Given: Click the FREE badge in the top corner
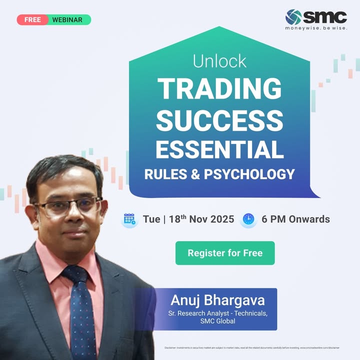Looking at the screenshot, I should tap(32, 20).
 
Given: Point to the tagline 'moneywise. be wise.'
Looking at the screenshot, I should tap(316, 28).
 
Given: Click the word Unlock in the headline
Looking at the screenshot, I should tap(219, 61).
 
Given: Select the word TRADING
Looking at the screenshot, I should tap(219, 88).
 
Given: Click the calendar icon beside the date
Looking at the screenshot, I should tap(130, 219).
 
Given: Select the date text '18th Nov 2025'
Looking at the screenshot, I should tap(201, 219).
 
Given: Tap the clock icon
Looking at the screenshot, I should tap(248, 219).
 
